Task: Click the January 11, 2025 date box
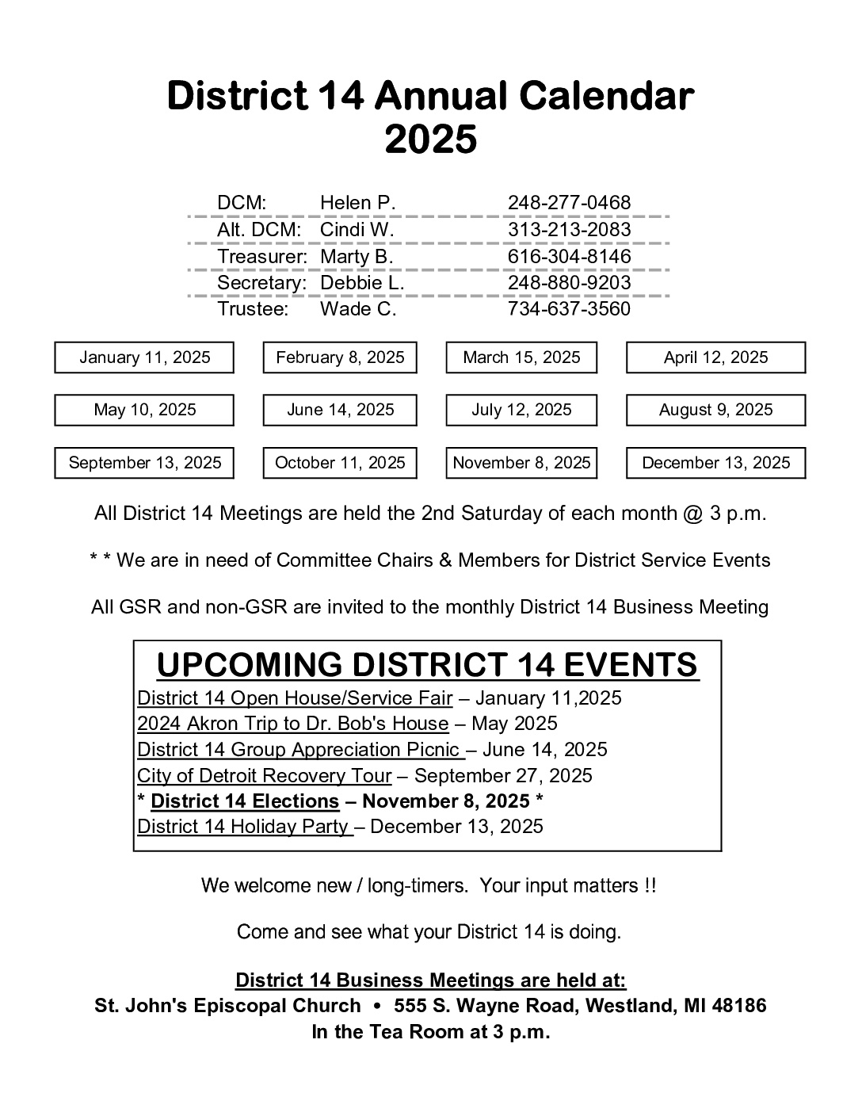click(x=144, y=357)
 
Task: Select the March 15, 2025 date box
click(x=521, y=357)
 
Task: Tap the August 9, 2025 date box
click(x=715, y=410)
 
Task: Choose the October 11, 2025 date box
click(x=340, y=463)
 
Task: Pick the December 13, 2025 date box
click(x=715, y=463)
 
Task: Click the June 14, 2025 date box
click(x=340, y=410)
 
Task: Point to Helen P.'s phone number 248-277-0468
click(x=569, y=203)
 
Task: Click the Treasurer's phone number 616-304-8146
click(x=569, y=257)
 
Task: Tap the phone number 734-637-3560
click(x=569, y=309)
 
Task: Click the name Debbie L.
click(x=362, y=283)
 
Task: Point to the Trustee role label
click(x=253, y=309)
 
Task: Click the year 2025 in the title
click(x=431, y=140)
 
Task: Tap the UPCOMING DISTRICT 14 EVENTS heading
click(x=428, y=665)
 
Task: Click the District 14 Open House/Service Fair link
click(x=295, y=698)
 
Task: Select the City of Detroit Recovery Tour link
click(x=265, y=775)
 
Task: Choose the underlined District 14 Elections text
click(x=245, y=801)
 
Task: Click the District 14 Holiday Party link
click(x=244, y=827)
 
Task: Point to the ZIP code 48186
click(x=739, y=1006)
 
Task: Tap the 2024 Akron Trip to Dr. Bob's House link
click(x=293, y=724)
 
